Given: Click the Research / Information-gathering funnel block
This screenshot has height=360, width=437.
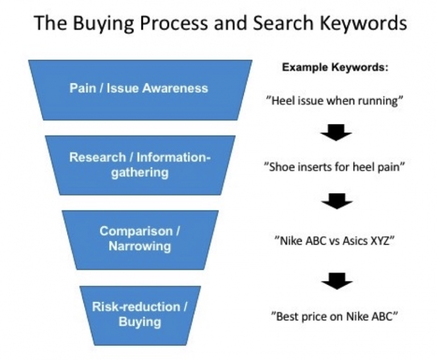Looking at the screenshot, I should coord(139,164).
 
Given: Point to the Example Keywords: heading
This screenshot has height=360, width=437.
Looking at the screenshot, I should coord(335,67).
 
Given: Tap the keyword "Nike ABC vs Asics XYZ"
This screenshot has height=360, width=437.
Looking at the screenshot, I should coord(334,241).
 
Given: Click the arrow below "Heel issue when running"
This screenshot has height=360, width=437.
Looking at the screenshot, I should coord(336,134).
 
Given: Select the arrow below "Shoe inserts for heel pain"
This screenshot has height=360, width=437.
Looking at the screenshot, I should coord(336,201).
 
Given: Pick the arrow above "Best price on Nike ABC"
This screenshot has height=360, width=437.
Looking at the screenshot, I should coord(336,279).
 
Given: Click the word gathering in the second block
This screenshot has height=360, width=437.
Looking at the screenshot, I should coord(139,172).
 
